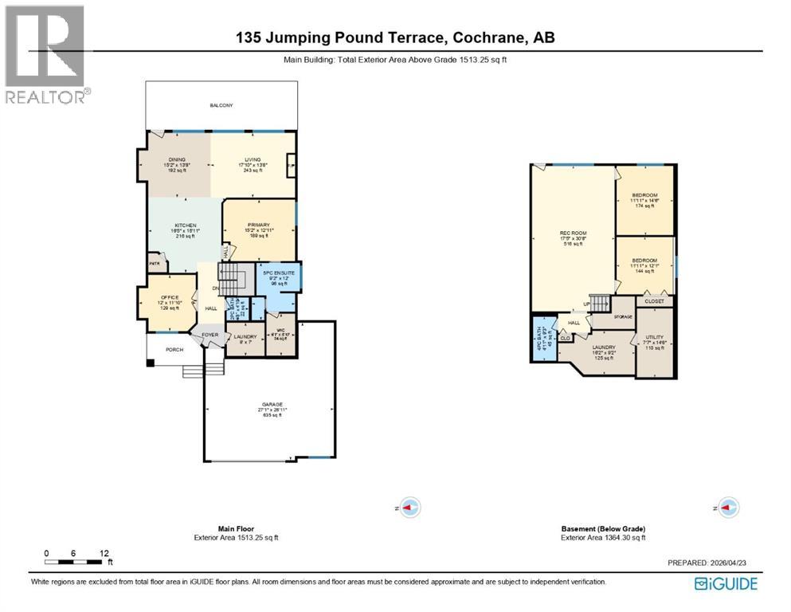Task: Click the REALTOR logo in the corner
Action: [47, 54]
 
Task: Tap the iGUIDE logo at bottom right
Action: [726, 584]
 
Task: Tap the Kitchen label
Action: [186, 226]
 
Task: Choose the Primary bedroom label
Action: [258, 225]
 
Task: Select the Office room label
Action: [168, 297]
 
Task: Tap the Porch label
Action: [174, 349]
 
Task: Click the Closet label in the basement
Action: [654, 301]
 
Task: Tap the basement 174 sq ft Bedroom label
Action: [644, 195]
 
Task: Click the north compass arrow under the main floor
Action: [409, 507]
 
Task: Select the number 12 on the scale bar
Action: [104, 552]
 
